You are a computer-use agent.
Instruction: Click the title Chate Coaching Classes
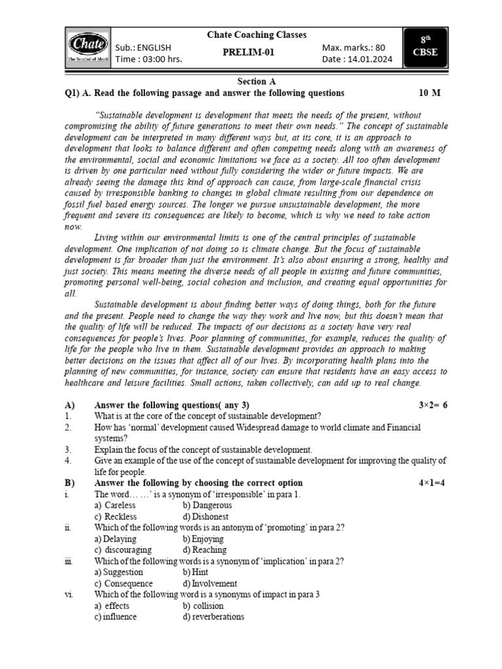coord(256,35)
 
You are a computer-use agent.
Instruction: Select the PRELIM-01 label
coord(256,53)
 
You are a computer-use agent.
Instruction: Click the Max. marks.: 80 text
coord(354,47)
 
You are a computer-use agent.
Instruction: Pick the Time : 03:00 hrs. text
coord(148,59)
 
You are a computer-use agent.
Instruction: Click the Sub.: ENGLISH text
coord(143,47)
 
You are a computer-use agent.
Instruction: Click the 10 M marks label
coord(429,93)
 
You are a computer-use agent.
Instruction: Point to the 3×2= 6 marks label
coord(433,405)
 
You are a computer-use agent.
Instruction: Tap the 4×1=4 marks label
coord(433,483)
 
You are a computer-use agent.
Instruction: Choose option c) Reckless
coord(116,516)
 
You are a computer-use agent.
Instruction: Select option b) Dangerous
coord(207,505)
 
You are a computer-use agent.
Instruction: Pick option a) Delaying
coord(116,539)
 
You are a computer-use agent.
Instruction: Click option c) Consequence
coord(124,583)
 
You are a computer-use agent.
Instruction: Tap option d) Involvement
coord(210,583)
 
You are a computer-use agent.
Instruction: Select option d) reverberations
coord(213,617)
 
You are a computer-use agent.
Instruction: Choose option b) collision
coord(204,606)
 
